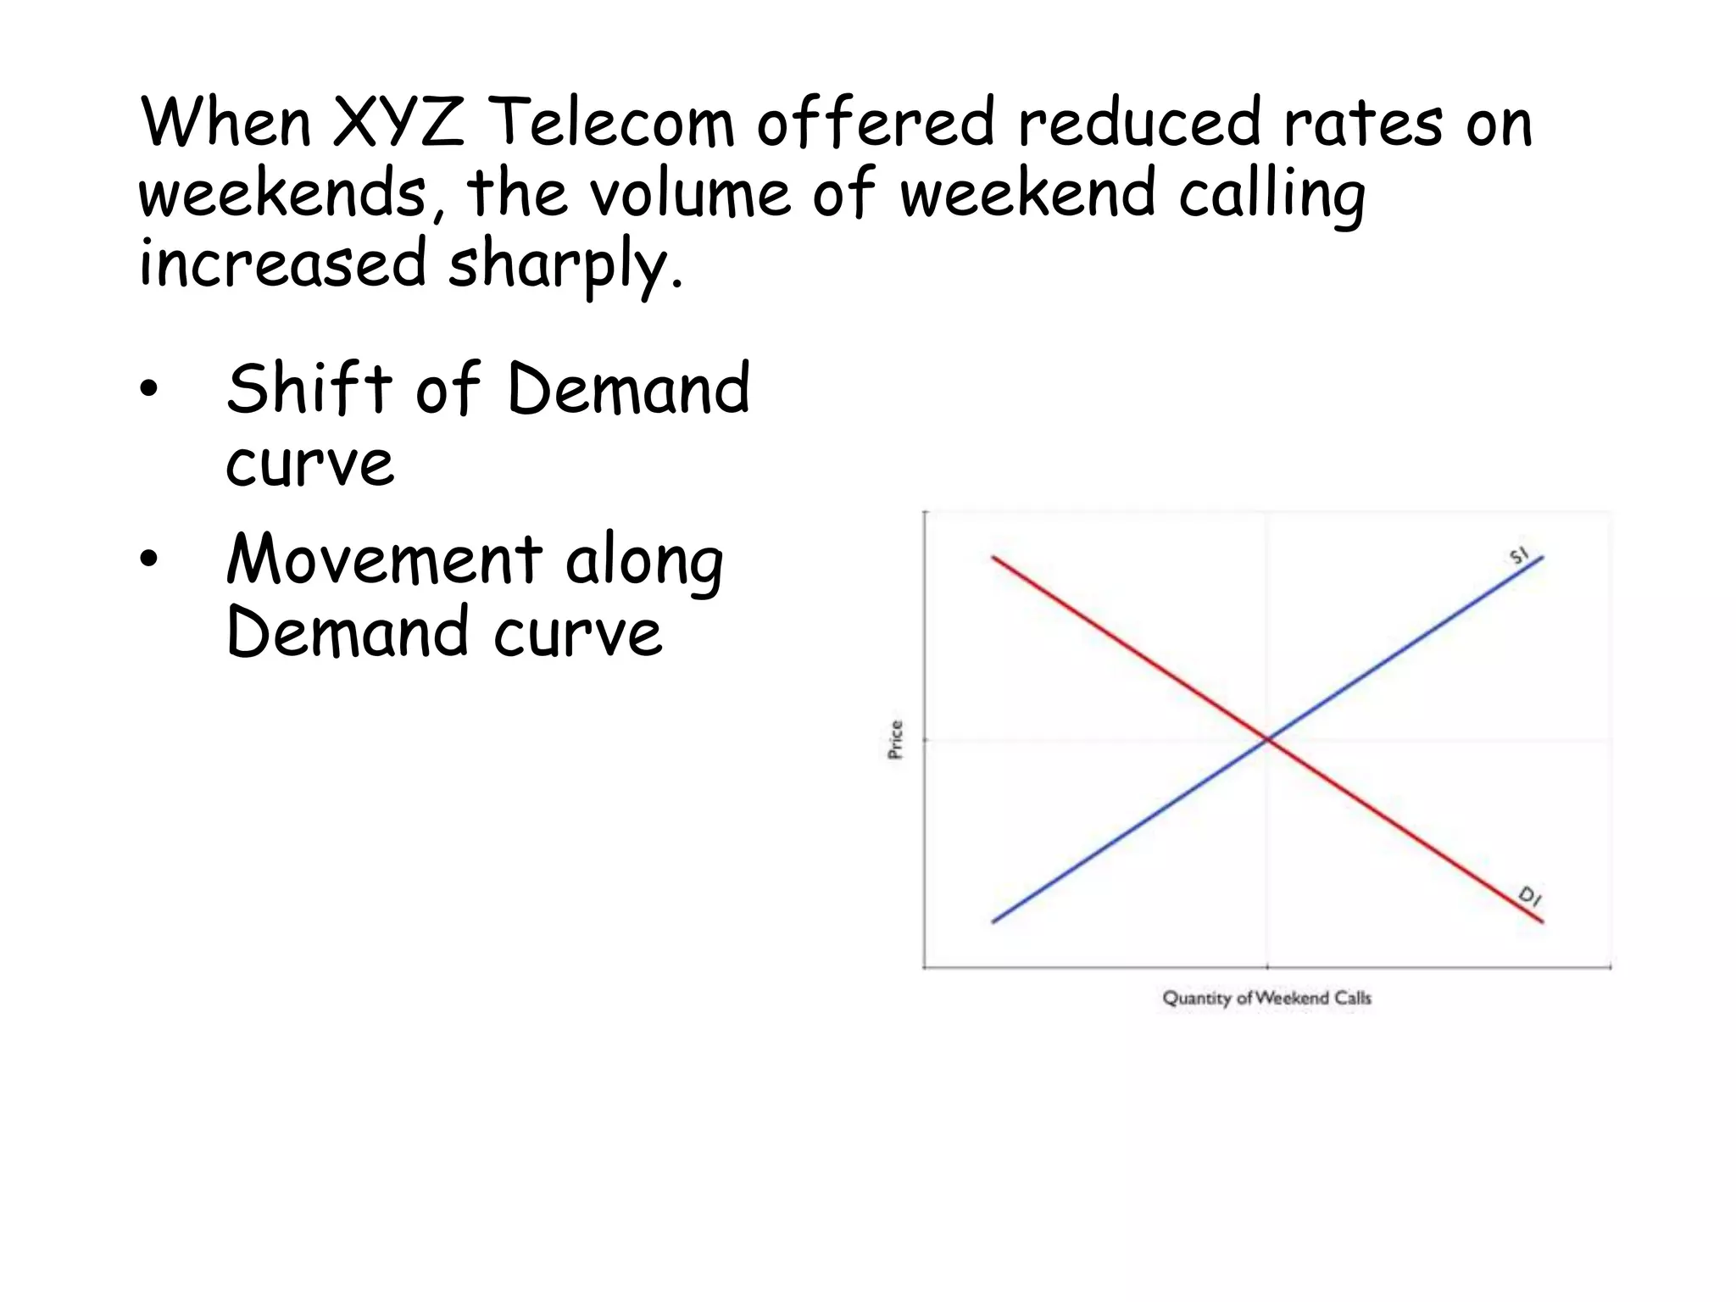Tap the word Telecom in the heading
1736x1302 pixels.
click(611, 122)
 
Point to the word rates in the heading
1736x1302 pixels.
click(1362, 124)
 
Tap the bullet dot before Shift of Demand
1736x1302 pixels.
click(149, 389)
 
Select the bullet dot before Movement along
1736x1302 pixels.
click(149, 560)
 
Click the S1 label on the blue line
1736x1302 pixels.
click(1518, 556)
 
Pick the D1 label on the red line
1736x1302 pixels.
click(1529, 896)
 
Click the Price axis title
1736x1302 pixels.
click(895, 739)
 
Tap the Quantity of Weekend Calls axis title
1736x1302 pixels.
click(1266, 998)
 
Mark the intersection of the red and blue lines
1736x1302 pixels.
click(1267, 739)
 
